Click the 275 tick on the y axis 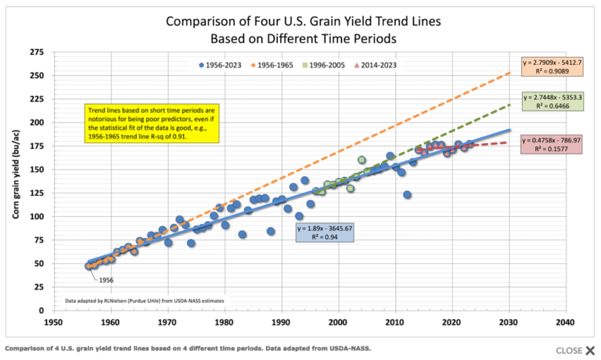pos(36,52)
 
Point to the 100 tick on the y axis pos(36,217)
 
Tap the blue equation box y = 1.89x pos(329,232)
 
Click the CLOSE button pos(576,351)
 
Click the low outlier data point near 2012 pos(407,195)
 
